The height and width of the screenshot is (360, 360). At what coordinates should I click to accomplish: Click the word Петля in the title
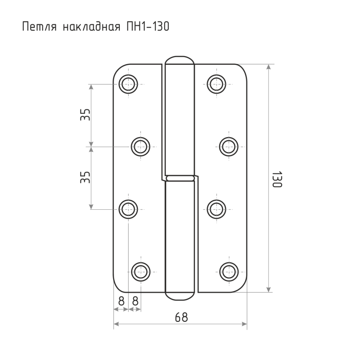(39, 27)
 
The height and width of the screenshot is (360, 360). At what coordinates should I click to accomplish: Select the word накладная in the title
(91, 27)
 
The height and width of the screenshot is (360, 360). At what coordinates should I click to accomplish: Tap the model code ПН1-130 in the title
(148, 26)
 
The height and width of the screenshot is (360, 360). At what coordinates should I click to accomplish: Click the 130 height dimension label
(277, 179)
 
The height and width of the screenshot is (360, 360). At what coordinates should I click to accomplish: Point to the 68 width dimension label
(181, 317)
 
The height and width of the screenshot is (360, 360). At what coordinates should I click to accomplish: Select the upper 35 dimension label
(85, 115)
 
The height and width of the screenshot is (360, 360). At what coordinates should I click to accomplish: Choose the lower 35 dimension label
(85, 177)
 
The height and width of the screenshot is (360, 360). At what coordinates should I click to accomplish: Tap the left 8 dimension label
(121, 301)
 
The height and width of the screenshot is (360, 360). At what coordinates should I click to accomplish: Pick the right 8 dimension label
(135, 301)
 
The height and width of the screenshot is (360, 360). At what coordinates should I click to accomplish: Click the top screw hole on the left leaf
(128, 84)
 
